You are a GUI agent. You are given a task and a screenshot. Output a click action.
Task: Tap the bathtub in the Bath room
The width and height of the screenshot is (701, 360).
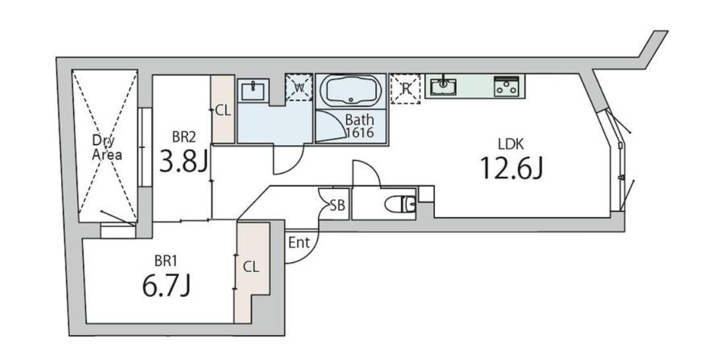pyautogui.click(x=351, y=92)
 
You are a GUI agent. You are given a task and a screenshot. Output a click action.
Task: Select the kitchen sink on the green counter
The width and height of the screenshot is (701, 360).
pyautogui.click(x=443, y=86)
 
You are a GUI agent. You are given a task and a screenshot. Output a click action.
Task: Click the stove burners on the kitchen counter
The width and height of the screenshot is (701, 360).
pyautogui.click(x=506, y=86)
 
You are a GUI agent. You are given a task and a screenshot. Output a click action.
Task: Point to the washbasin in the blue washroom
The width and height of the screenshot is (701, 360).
pyautogui.click(x=254, y=91)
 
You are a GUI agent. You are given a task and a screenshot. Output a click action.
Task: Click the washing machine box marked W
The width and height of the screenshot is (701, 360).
pyautogui.click(x=299, y=87)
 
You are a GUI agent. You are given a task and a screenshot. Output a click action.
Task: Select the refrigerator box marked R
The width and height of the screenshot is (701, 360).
pyautogui.click(x=405, y=89)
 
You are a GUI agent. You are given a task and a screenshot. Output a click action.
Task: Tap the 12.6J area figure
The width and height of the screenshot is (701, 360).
pyautogui.click(x=512, y=168)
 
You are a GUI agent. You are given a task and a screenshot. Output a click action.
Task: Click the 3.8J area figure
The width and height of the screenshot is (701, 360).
pyautogui.click(x=184, y=161)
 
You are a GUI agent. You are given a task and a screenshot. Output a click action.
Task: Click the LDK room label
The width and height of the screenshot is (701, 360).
pyautogui.click(x=511, y=144)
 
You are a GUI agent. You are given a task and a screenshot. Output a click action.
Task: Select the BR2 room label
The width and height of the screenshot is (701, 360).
pyautogui.click(x=184, y=136)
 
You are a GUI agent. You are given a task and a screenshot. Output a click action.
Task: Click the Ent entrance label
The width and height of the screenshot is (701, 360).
pyautogui.click(x=299, y=243)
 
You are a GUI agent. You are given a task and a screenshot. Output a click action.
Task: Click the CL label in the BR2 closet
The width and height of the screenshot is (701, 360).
pyautogui.click(x=223, y=111)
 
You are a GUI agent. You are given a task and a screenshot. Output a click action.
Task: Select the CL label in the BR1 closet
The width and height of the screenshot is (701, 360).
pyautogui.click(x=251, y=267)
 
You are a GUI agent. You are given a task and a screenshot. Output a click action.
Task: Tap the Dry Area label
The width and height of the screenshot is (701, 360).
pyautogui.click(x=107, y=148)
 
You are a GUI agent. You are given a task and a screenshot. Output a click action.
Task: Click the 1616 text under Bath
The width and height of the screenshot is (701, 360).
pyautogui.click(x=360, y=133)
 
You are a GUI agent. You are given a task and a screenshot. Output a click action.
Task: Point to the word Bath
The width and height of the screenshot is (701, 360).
pyautogui.click(x=359, y=120)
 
